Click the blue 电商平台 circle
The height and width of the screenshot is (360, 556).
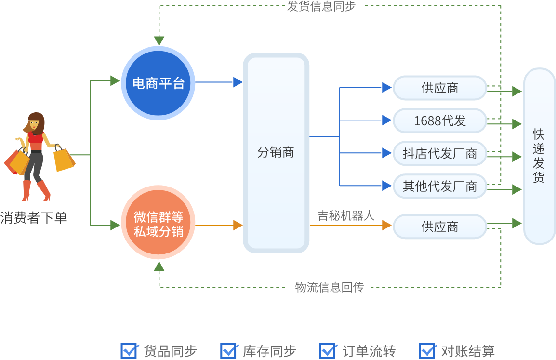(158, 83)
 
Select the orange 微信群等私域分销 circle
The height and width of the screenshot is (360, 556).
(158, 225)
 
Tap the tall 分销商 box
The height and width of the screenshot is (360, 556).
(276, 153)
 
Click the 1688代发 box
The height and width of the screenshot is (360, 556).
(439, 120)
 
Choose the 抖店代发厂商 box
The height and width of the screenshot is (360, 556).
(439, 153)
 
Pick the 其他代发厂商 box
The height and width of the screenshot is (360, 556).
(439, 186)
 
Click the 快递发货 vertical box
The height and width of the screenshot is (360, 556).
(539, 156)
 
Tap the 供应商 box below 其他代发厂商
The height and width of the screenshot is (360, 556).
(439, 227)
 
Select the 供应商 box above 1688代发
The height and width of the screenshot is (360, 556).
(439, 88)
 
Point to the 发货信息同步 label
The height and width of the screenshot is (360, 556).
(321, 6)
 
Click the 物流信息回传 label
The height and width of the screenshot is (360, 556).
(330, 287)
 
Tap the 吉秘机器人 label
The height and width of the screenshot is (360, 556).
(346, 215)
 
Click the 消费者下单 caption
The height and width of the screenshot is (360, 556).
(34, 218)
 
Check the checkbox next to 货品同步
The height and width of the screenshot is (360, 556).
(129, 350)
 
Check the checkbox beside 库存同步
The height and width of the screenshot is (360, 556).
(228, 350)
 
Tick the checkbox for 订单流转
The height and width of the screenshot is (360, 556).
(328, 350)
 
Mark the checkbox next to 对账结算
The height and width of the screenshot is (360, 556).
(427, 350)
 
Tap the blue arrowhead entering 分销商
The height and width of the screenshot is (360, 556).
(238, 82)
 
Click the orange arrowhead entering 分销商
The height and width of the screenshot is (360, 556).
(238, 225)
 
